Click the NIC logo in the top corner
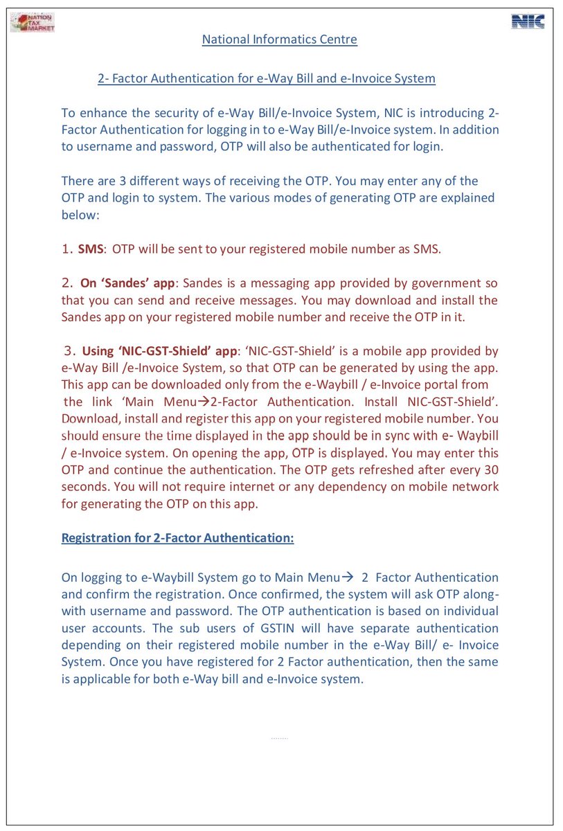click(528, 21)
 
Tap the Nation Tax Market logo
click(33, 22)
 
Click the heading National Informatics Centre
click(279, 39)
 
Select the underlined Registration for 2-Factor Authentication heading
click(177, 538)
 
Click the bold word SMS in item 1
click(91, 249)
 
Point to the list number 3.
click(67, 350)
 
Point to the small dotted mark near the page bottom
click(279, 738)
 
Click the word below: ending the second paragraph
click(81, 215)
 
